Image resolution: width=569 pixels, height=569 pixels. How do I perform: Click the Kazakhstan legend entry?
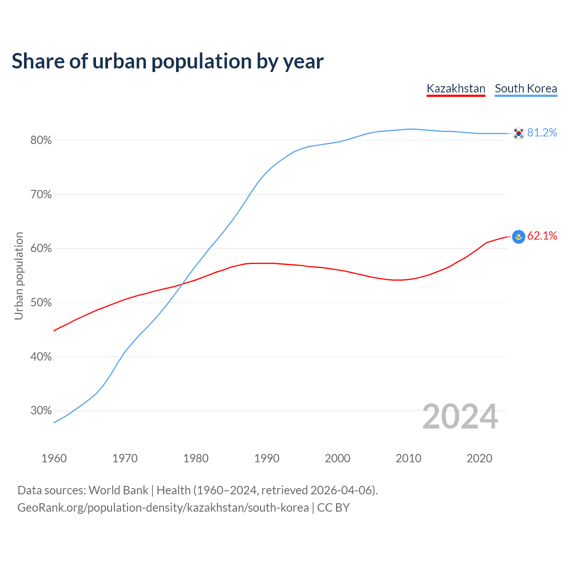click(456, 88)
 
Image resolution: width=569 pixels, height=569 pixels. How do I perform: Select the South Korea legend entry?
click(526, 88)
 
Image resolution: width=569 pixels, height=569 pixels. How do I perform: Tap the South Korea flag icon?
click(518, 133)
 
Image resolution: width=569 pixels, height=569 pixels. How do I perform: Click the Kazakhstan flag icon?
click(518, 236)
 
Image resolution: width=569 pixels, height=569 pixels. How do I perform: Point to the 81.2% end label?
click(542, 133)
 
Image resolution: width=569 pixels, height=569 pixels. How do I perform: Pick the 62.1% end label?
click(542, 236)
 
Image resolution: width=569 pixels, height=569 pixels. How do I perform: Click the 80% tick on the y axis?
click(41, 140)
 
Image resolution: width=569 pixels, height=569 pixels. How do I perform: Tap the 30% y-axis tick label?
click(41, 411)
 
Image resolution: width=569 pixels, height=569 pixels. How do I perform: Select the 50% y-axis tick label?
click(41, 303)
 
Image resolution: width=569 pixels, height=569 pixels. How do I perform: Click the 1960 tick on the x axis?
click(54, 458)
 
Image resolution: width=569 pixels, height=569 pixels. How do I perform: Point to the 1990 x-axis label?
click(267, 458)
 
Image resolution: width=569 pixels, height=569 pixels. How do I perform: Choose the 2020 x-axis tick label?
click(479, 458)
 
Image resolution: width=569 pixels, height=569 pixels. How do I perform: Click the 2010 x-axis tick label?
click(409, 458)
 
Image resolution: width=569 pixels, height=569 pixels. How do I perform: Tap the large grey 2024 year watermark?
click(460, 417)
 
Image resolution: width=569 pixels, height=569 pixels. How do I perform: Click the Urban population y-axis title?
click(19, 276)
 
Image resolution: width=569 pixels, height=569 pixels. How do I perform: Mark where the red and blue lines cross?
click(183, 283)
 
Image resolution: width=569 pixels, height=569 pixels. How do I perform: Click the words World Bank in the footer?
click(118, 490)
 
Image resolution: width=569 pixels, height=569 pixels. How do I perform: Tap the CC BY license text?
click(333, 508)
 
